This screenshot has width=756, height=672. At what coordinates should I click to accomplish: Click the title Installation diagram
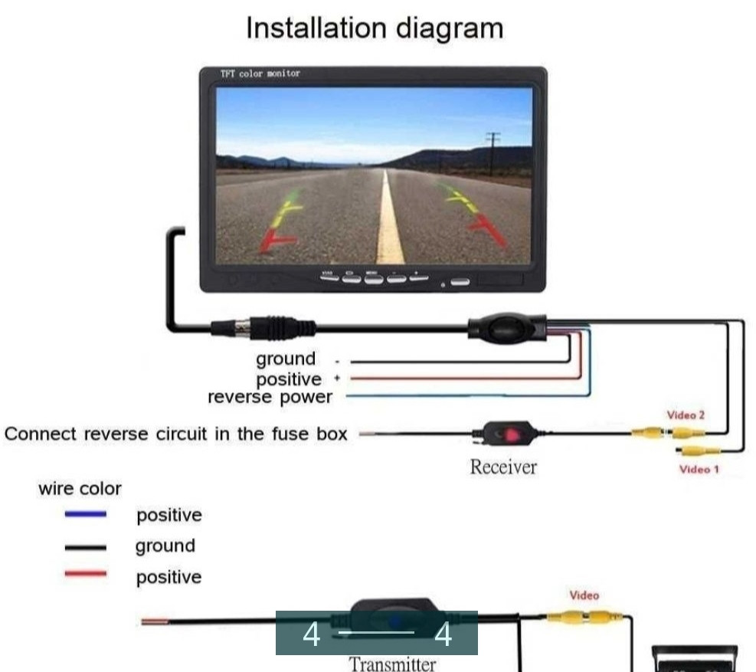[375, 28]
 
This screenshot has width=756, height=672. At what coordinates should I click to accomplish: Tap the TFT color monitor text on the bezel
[260, 74]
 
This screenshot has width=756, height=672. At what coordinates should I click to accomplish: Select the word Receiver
[503, 467]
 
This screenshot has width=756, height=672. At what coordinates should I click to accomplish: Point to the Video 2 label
[686, 415]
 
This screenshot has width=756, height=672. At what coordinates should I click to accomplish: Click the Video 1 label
[699, 469]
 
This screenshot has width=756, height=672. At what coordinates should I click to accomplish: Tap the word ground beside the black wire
[285, 359]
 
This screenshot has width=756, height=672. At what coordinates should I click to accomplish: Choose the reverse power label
[270, 397]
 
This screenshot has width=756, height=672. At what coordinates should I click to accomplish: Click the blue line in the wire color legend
[86, 515]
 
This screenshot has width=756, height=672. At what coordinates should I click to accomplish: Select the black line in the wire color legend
[86, 547]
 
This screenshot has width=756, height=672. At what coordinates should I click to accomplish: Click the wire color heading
[80, 488]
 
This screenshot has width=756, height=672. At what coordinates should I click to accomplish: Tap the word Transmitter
[393, 663]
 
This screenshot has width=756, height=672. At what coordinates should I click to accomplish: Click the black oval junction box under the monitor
[508, 327]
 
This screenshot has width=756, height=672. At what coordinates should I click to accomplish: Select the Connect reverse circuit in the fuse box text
[175, 434]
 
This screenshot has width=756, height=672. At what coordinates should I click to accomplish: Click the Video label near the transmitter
[584, 595]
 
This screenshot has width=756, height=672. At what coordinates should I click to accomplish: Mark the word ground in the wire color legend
[165, 546]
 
